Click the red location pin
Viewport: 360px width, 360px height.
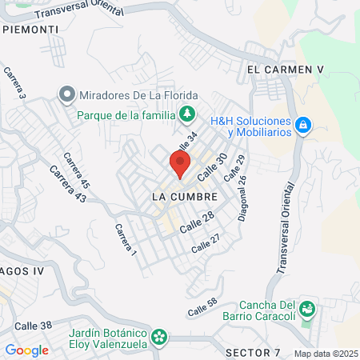pyautogui.click(x=180, y=165)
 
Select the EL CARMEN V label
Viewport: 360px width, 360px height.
pyautogui.click(x=285, y=70)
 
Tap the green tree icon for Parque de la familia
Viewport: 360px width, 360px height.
pyautogui.click(x=188, y=114)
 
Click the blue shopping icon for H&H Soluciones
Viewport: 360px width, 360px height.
pyautogui.click(x=302, y=126)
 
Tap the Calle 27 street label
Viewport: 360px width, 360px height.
pyautogui.click(x=205, y=242)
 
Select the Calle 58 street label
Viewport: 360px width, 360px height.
pyautogui.click(x=202, y=306)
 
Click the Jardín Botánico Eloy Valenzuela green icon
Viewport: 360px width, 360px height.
pyautogui.click(x=160, y=336)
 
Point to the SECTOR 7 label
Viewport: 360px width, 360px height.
pyautogui.click(x=253, y=352)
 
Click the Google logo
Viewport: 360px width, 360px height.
pyautogui.click(x=26, y=350)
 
